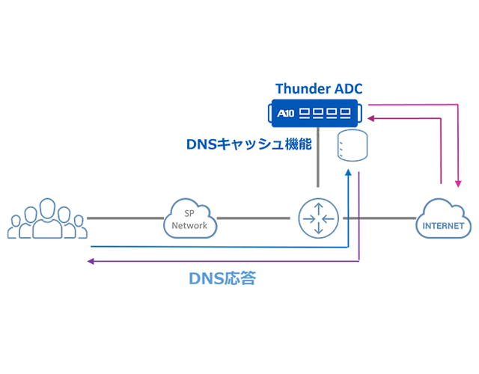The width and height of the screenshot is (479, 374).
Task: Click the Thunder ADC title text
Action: [319, 88]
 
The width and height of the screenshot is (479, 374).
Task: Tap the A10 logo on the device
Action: [285, 114]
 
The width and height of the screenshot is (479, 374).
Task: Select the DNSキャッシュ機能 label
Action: [249, 144]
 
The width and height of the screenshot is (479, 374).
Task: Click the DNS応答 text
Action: [222, 278]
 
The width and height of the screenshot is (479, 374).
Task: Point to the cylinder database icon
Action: [353, 145]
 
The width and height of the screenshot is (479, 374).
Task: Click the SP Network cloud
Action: [190, 218]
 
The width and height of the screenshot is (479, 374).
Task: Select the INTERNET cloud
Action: [443, 218]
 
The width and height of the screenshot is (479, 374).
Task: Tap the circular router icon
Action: [318, 218]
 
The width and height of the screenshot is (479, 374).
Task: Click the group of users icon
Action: [47, 218]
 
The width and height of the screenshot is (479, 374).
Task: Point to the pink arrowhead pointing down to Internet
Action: [458, 183]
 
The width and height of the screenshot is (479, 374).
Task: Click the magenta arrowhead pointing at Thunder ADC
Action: [371, 118]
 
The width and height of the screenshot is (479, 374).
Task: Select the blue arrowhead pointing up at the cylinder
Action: [348, 173]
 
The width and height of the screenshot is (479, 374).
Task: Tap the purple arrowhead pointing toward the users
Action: [91, 261]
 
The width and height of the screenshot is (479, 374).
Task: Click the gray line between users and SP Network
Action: [126, 218]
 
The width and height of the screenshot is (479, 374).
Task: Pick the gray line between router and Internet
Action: [379, 218]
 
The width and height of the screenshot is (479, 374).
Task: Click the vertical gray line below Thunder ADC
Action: [318, 157]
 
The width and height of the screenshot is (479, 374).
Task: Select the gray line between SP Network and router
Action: [253, 218]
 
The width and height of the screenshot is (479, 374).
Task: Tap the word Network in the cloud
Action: [189, 225]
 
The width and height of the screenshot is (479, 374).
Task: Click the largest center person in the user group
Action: [47, 218]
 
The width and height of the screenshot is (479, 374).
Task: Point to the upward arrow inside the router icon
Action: [319, 209]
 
